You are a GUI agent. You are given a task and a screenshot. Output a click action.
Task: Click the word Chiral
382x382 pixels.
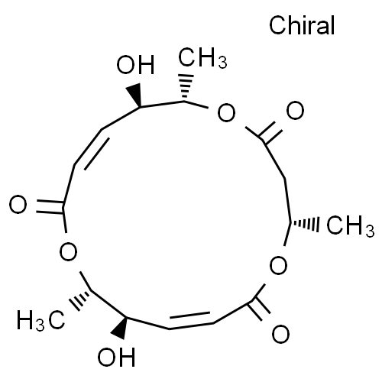(302, 25)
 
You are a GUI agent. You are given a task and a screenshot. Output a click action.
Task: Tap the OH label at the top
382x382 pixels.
(135, 65)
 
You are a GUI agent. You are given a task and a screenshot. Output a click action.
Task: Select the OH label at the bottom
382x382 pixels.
(116, 357)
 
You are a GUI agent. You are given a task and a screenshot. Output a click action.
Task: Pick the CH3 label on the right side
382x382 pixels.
(351, 225)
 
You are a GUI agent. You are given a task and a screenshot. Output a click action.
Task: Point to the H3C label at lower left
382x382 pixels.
(40, 319)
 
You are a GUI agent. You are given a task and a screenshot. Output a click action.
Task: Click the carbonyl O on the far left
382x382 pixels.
(18, 204)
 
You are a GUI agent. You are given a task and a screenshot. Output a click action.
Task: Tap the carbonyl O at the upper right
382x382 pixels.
(295, 110)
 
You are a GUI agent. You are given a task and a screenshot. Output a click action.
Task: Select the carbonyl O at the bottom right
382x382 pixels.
(280, 334)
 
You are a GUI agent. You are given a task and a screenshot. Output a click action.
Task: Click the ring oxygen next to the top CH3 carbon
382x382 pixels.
(226, 112)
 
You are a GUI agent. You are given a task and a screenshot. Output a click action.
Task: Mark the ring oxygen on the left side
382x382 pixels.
(68, 251)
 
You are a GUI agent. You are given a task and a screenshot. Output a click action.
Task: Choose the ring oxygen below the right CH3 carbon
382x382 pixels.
(278, 265)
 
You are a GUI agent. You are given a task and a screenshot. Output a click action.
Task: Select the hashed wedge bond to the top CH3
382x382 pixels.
(185, 87)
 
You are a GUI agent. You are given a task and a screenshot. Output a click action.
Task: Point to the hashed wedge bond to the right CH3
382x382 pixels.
(304, 224)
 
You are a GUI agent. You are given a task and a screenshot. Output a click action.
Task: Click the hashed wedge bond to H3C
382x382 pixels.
(81, 300)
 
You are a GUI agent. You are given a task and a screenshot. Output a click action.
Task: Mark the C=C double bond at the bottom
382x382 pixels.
(191, 320)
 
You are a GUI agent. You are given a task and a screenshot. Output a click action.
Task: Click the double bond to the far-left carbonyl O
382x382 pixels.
(50, 206)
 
